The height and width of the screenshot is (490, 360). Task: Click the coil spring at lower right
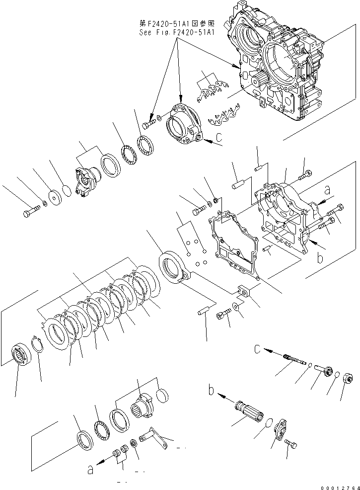click(291, 359)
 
